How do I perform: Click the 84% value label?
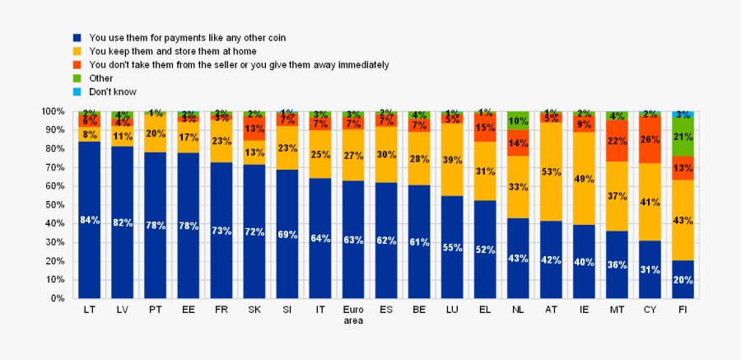(x=89, y=220)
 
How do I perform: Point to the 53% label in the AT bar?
(x=551, y=172)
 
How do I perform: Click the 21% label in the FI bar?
(x=683, y=137)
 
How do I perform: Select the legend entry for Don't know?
(x=113, y=92)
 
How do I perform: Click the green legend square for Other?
(x=77, y=79)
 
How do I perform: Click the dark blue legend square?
(x=77, y=38)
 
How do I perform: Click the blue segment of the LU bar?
(x=452, y=247)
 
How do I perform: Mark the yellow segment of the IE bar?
(x=584, y=178)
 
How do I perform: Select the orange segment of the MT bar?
(x=617, y=141)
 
